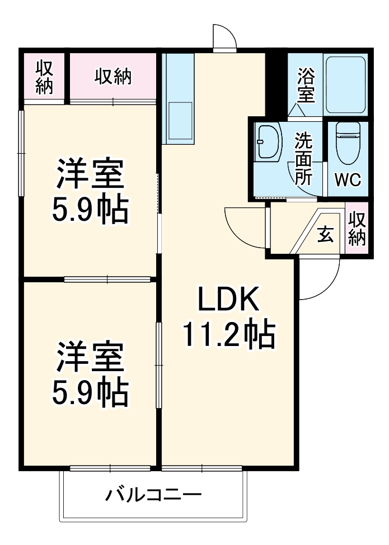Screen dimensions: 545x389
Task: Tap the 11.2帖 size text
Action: click(228, 335)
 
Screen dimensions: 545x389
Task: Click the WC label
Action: click(348, 180)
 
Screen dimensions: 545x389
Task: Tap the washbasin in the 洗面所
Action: click(268, 143)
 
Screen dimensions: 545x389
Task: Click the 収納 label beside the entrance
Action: click(357, 229)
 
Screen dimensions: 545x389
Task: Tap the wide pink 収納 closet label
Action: click(113, 77)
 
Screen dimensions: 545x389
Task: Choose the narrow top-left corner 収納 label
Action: click(45, 77)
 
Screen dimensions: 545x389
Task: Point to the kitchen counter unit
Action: click(178, 99)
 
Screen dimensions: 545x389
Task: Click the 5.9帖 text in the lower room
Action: click(90, 394)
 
